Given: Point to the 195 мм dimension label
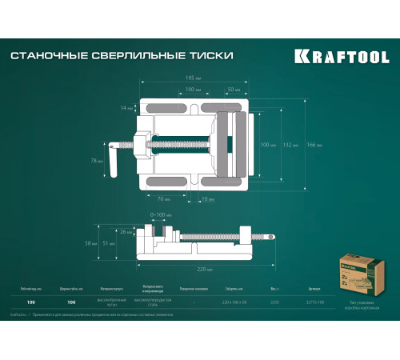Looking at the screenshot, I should pyautogui.click(x=193, y=78).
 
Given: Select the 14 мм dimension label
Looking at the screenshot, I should pyautogui.click(x=126, y=106).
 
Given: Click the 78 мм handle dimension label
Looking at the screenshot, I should pyautogui.click(x=96, y=161).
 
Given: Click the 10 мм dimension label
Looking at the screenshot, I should pyautogui.click(x=208, y=198).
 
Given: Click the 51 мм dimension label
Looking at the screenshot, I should pyautogui.click(x=126, y=242).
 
